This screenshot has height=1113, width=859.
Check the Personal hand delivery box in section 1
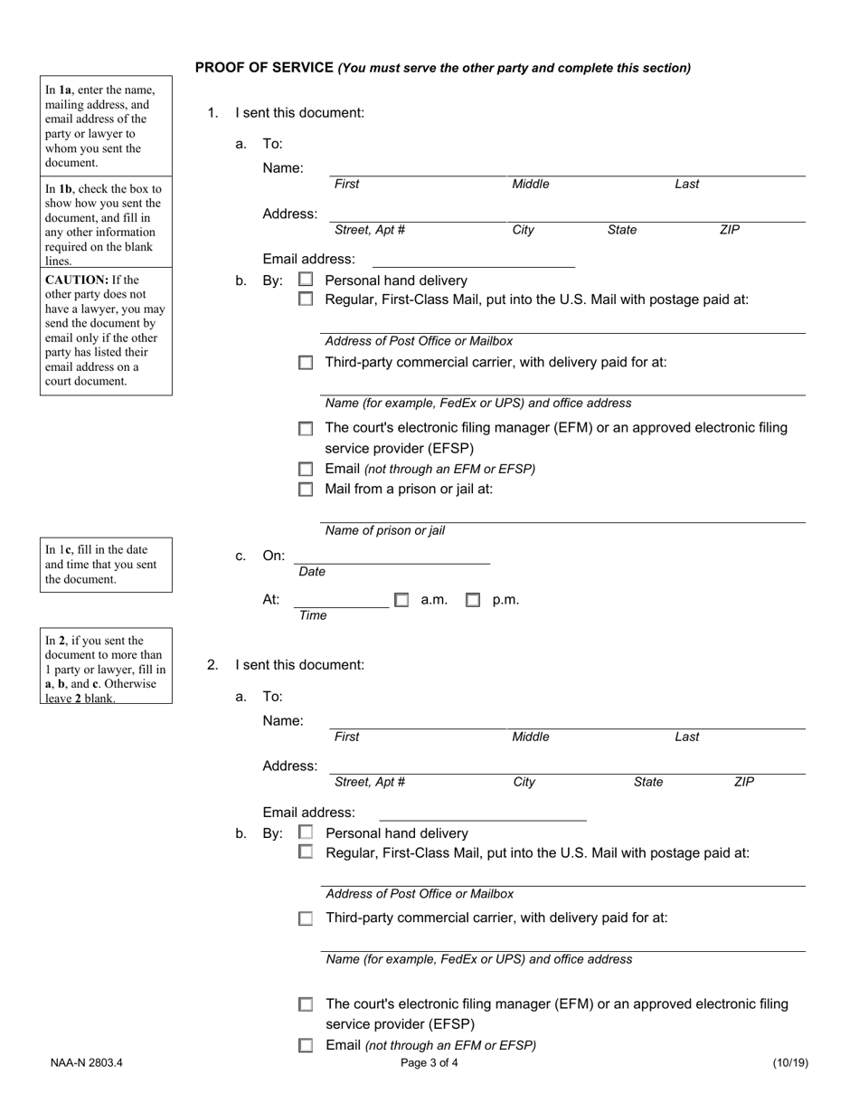(x=306, y=281)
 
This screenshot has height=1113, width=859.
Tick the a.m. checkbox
(x=401, y=600)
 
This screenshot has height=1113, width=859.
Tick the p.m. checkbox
(x=473, y=600)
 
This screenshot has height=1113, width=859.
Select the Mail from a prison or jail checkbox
(x=306, y=490)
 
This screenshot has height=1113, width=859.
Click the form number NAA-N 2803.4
(x=87, y=1063)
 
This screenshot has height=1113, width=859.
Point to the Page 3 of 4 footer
(x=429, y=1063)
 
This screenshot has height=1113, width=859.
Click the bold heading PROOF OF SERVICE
(x=264, y=68)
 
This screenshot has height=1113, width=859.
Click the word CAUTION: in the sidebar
(x=77, y=280)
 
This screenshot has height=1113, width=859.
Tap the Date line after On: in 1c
(x=392, y=556)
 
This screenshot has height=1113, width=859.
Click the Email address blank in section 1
(x=473, y=260)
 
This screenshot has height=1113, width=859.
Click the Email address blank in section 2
(x=482, y=813)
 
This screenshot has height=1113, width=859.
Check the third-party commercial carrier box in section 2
(x=306, y=918)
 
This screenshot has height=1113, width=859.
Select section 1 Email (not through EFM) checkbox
(x=306, y=470)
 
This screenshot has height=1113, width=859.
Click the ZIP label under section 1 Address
(x=730, y=230)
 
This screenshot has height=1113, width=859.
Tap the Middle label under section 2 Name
(x=531, y=737)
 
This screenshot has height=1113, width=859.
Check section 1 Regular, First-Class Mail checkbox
(x=306, y=300)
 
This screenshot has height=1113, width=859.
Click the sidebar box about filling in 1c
(x=106, y=565)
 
